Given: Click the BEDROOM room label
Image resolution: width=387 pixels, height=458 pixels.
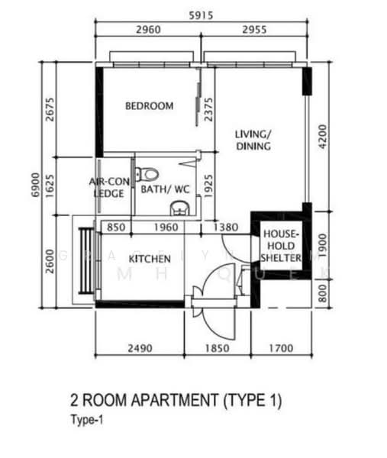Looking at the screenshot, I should coord(149,106).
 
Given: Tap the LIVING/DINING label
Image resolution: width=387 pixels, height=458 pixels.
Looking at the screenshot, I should coord(253,140).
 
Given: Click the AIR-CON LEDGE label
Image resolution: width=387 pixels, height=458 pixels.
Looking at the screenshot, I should coord(108,188).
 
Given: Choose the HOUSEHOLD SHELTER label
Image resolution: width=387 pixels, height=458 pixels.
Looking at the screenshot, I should coord(281,246).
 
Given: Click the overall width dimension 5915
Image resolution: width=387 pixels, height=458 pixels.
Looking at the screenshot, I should coord(203,13).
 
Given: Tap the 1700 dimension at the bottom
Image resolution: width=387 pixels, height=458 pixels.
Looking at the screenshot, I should coord(280,348).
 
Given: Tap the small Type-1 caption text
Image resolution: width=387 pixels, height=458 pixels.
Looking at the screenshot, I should coord(85,420).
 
